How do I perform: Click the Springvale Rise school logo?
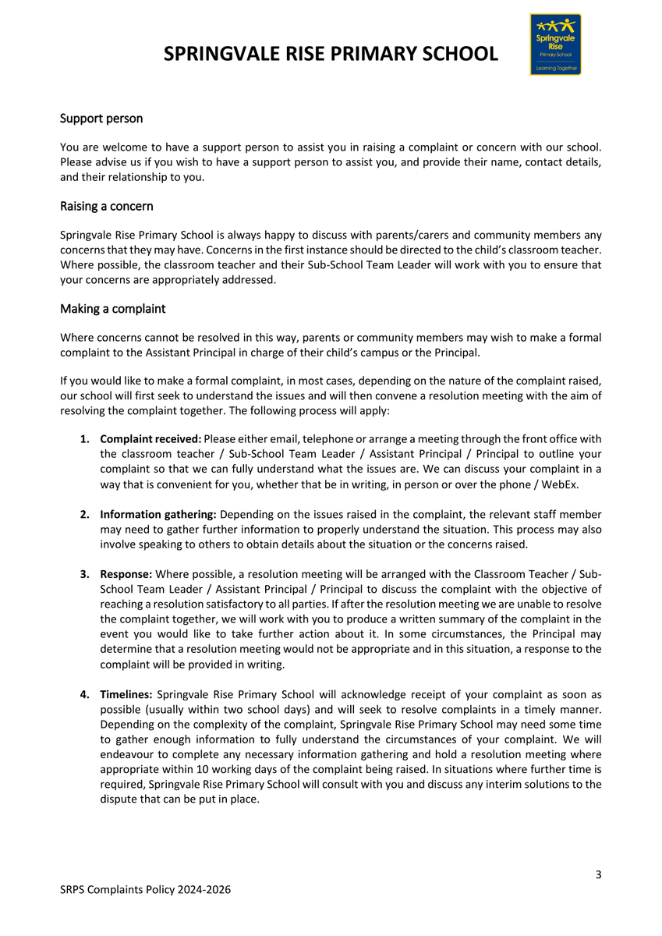pos(555,44)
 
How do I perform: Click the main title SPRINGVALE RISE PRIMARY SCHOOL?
pos(331,54)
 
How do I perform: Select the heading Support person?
pos(101,119)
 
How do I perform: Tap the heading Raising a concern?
pos(107,207)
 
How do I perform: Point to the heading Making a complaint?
pos(113,309)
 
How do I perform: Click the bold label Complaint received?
pos(150,441)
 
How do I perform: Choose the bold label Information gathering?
pos(159,515)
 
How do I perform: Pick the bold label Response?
pos(126,574)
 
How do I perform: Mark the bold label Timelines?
pos(127,693)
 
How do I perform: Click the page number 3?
pos(598,874)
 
